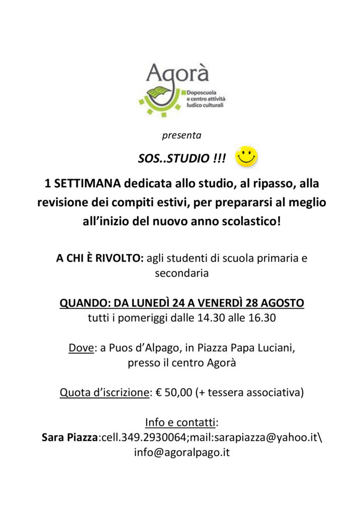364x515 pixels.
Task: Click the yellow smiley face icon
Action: coord(247,156)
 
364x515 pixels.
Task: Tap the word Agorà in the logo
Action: coord(177,74)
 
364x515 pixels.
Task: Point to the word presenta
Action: coord(181,135)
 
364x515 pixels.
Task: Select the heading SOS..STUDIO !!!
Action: coord(182,159)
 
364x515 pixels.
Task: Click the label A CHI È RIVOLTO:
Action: coord(100,259)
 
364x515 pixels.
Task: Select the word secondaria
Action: coord(181,274)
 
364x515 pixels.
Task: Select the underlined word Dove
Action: coord(81,348)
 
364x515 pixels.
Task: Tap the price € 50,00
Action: coord(174,392)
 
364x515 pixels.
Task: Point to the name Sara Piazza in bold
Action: coord(69,437)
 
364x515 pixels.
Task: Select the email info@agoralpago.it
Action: coord(181,452)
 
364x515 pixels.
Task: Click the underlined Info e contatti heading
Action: coord(181,422)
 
